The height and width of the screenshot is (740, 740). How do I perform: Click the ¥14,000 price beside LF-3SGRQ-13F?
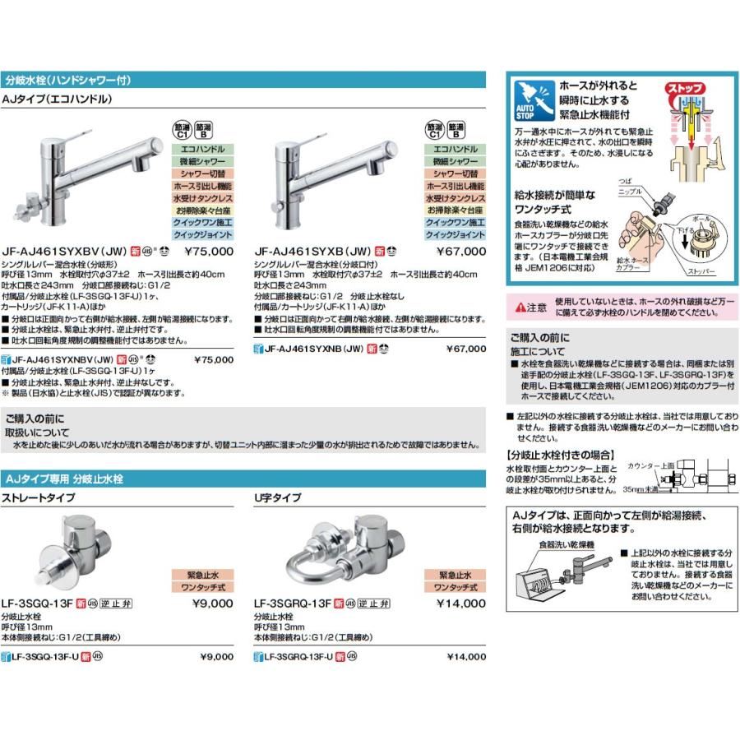[461, 604]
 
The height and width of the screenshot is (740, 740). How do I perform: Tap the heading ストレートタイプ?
[41, 498]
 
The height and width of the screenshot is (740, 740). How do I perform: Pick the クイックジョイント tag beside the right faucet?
[455, 235]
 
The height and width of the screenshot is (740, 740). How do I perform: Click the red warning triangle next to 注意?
[520, 308]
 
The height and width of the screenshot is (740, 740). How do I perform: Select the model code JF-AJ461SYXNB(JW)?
[313, 349]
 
